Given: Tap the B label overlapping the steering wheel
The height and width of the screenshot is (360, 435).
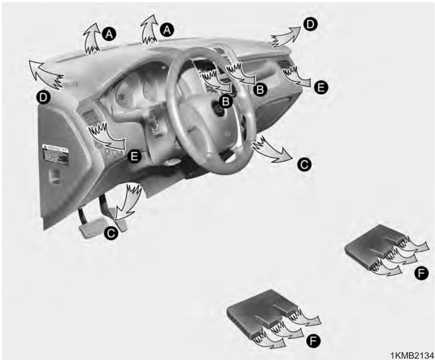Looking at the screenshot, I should pyautogui.click(x=226, y=99).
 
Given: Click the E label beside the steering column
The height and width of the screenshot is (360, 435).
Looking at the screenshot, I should pyautogui.click(x=134, y=157).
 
